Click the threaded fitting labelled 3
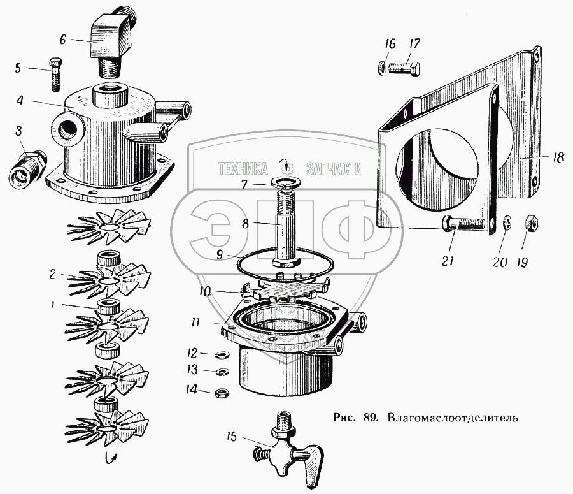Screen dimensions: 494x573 pos(27,169)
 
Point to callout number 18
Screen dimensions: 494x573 pos(558,159)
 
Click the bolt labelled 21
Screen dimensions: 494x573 pos(462,224)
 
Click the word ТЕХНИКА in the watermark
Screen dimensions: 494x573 pos(243,169)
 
